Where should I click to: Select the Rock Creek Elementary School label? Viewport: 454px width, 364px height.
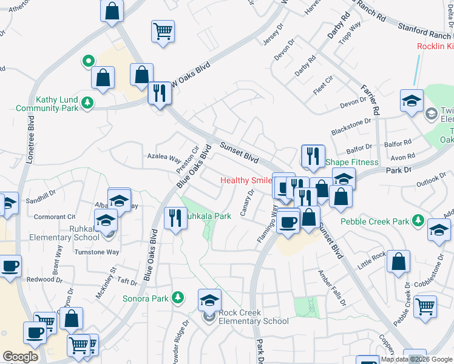[x=254, y=317]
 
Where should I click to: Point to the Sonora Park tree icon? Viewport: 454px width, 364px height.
[x=177, y=297]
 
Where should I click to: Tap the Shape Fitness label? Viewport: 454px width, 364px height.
[x=352, y=162]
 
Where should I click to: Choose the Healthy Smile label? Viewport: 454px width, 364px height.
[x=246, y=180]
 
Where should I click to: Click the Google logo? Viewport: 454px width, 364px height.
[x=21, y=356]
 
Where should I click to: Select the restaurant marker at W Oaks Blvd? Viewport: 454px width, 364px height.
[x=160, y=93]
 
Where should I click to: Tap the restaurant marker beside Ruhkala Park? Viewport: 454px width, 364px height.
[x=175, y=217]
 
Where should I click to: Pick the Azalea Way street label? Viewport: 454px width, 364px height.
[x=164, y=158]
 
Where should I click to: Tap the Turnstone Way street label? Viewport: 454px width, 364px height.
[x=97, y=252]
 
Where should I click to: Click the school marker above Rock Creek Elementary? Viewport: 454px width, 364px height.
[x=209, y=300]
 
